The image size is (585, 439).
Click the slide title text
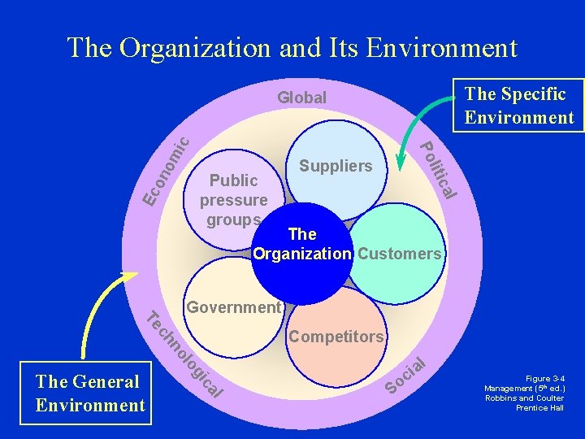coord(292,47)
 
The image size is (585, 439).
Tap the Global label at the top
coord(301,98)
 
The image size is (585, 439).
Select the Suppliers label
coord(336,166)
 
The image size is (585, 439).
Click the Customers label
coord(400,254)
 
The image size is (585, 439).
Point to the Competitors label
coord(336,336)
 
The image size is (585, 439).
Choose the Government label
coord(233,307)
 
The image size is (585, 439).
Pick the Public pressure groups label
coord(236,200)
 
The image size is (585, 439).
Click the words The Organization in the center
coord(302,244)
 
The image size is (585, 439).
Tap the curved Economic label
coord(166,170)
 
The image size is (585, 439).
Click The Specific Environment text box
coord(519,105)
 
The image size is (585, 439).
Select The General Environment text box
coord(89,393)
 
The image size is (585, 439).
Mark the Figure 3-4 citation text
coord(524,393)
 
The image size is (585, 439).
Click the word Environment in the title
coord(442,47)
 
